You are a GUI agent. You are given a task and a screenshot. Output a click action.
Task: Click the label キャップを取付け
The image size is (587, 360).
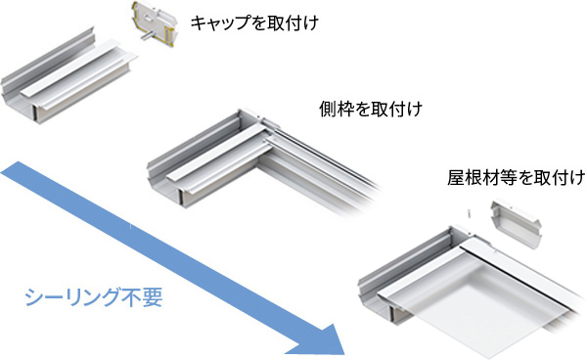[254, 23]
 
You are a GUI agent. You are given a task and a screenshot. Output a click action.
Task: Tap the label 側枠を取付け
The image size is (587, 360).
[371, 110]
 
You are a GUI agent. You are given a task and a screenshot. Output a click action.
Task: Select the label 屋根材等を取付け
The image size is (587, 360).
[517, 177]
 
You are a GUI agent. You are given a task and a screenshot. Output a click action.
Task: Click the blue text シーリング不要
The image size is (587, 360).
[94, 297]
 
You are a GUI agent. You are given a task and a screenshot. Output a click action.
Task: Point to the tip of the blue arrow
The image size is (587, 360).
[343, 354]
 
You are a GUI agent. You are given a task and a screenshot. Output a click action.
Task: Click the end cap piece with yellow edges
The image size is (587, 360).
[154, 23]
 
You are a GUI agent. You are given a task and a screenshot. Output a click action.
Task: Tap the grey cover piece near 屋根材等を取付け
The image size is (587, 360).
[516, 224]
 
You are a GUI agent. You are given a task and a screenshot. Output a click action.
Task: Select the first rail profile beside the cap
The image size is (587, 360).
[68, 76]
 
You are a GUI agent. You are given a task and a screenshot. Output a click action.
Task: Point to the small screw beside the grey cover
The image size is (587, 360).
[469, 212]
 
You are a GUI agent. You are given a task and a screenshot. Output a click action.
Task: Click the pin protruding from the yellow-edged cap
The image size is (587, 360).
[148, 35]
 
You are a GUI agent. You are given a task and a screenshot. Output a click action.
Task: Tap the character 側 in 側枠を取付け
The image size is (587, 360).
[327, 110]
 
